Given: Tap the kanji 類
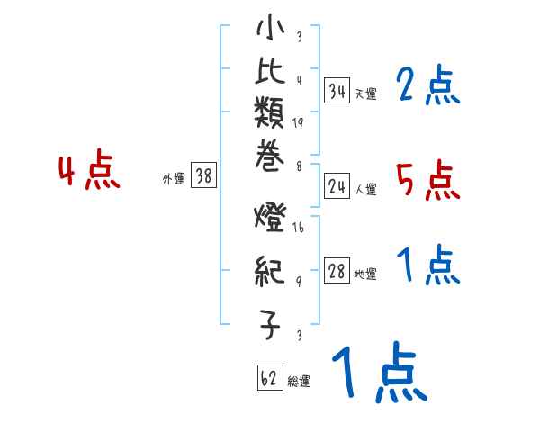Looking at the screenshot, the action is click(x=271, y=114).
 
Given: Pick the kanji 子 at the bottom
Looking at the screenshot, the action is click(x=271, y=322).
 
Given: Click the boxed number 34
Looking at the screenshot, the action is click(x=337, y=91).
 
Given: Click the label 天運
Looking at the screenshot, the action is click(x=365, y=94).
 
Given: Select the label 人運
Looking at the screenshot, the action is click(x=365, y=188).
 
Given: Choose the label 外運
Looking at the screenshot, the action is click(x=174, y=179).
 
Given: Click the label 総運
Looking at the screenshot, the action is click(x=299, y=381).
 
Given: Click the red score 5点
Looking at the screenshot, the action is click(x=427, y=181).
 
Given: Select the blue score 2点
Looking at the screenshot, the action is click(x=428, y=86).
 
